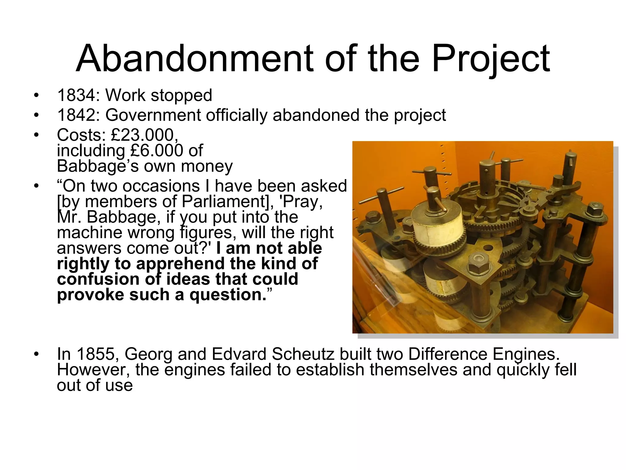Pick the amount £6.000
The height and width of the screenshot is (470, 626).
(156, 151)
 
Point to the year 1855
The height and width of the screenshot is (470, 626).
(95, 354)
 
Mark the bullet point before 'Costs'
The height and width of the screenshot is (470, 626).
(37, 135)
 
